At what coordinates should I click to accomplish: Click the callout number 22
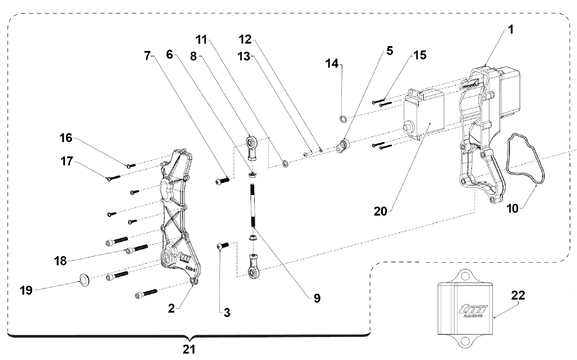(x=518, y=295)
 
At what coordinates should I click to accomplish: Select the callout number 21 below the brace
(x=189, y=349)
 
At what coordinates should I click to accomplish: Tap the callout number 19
(x=26, y=290)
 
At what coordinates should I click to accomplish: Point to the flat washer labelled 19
(x=84, y=280)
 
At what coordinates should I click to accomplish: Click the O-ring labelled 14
(x=343, y=119)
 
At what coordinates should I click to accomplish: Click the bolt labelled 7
(x=222, y=181)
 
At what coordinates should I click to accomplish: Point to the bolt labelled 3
(x=222, y=246)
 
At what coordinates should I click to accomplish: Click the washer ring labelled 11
(x=285, y=163)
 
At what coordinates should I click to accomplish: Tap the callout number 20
(x=381, y=211)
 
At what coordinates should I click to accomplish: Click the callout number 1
(x=510, y=29)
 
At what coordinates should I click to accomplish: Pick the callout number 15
(x=420, y=55)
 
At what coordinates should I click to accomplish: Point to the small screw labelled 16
(x=131, y=166)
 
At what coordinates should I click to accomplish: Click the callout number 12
(x=245, y=39)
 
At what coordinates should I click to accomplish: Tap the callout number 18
(x=60, y=261)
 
